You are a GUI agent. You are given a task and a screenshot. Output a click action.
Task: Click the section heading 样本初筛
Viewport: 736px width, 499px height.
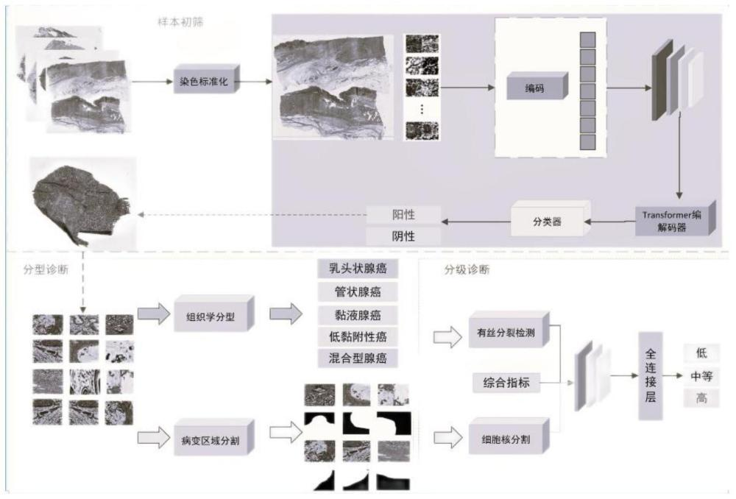(x=180, y=22)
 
